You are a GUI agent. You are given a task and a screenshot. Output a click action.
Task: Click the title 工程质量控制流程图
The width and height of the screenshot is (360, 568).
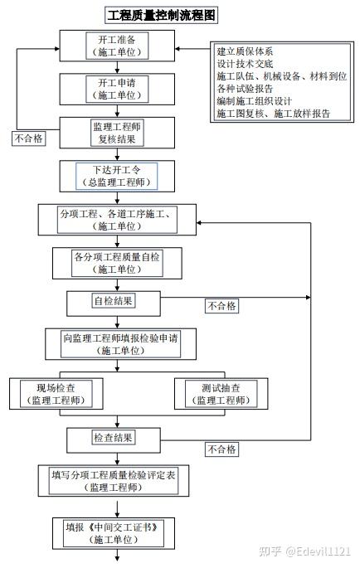click(x=161, y=15)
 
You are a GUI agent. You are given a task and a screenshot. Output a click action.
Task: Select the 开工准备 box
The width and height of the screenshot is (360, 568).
click(x=117, y=46)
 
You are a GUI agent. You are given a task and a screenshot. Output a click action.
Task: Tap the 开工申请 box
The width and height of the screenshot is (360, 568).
click(x=117, y=89)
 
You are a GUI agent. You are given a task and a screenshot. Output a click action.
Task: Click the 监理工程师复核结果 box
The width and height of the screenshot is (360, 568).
click(x=117, y=133)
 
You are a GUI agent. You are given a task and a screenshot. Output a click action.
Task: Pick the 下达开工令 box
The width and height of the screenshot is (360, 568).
click(x=117, y=176)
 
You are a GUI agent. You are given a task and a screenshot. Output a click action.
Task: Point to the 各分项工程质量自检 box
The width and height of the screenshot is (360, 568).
click(x=117, y=263)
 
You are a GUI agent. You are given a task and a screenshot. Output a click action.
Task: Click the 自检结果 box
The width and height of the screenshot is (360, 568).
click(x=114, y=303)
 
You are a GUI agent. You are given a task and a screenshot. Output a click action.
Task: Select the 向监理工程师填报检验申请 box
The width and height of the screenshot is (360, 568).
click(x=121, y=344)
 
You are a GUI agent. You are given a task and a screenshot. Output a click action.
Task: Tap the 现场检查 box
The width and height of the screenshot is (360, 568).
click(x=56, y=394)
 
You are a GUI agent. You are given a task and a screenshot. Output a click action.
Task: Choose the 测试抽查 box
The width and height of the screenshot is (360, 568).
click(x=221, y=394)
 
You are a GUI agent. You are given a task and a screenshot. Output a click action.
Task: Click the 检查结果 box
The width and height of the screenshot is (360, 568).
click(x=114, y=440)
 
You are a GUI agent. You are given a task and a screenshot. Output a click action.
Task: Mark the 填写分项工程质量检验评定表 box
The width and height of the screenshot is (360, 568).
click(x=114, y=481)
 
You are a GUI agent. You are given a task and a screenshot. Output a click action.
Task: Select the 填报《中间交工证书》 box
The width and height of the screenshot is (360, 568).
click(x=114, y=533)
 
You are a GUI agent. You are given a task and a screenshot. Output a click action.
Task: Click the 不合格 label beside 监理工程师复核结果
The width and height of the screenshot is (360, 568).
click(x=29, y=138)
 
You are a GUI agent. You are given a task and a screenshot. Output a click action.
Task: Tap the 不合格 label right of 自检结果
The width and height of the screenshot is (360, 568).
click(x=221, y=306)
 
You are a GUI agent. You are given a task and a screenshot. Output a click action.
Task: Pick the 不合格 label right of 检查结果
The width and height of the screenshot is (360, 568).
click(x=221, y=449)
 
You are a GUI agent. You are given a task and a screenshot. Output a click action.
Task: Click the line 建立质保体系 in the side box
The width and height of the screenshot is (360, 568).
click(x=245, y=51)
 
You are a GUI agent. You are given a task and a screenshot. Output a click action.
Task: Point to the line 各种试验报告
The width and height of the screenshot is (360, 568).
click(x=245, y=89)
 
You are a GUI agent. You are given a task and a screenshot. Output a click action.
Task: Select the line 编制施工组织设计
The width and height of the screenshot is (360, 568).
click(x=254, y=101)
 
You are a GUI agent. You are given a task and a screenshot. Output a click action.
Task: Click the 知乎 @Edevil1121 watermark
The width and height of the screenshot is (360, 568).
click(x=305, y=551)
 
